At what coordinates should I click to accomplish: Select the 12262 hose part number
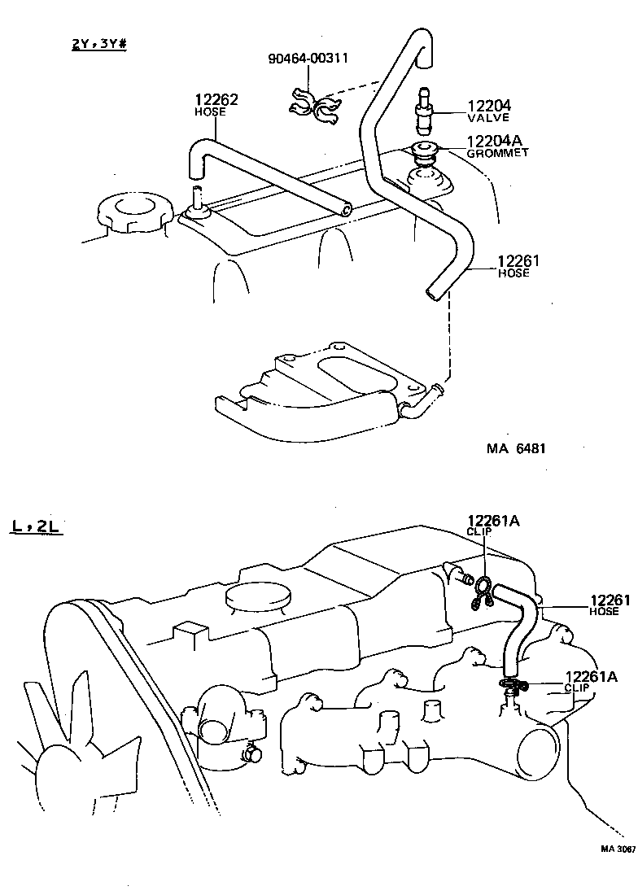(216, 101)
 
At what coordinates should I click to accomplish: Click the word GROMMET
(497, 153)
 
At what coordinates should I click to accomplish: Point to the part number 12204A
(497, 141)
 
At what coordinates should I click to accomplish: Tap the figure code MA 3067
(618, 848)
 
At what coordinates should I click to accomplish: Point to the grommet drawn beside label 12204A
(425, 151)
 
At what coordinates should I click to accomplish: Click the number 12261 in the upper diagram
(518, 261)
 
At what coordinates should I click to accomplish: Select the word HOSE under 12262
(209, 112)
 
